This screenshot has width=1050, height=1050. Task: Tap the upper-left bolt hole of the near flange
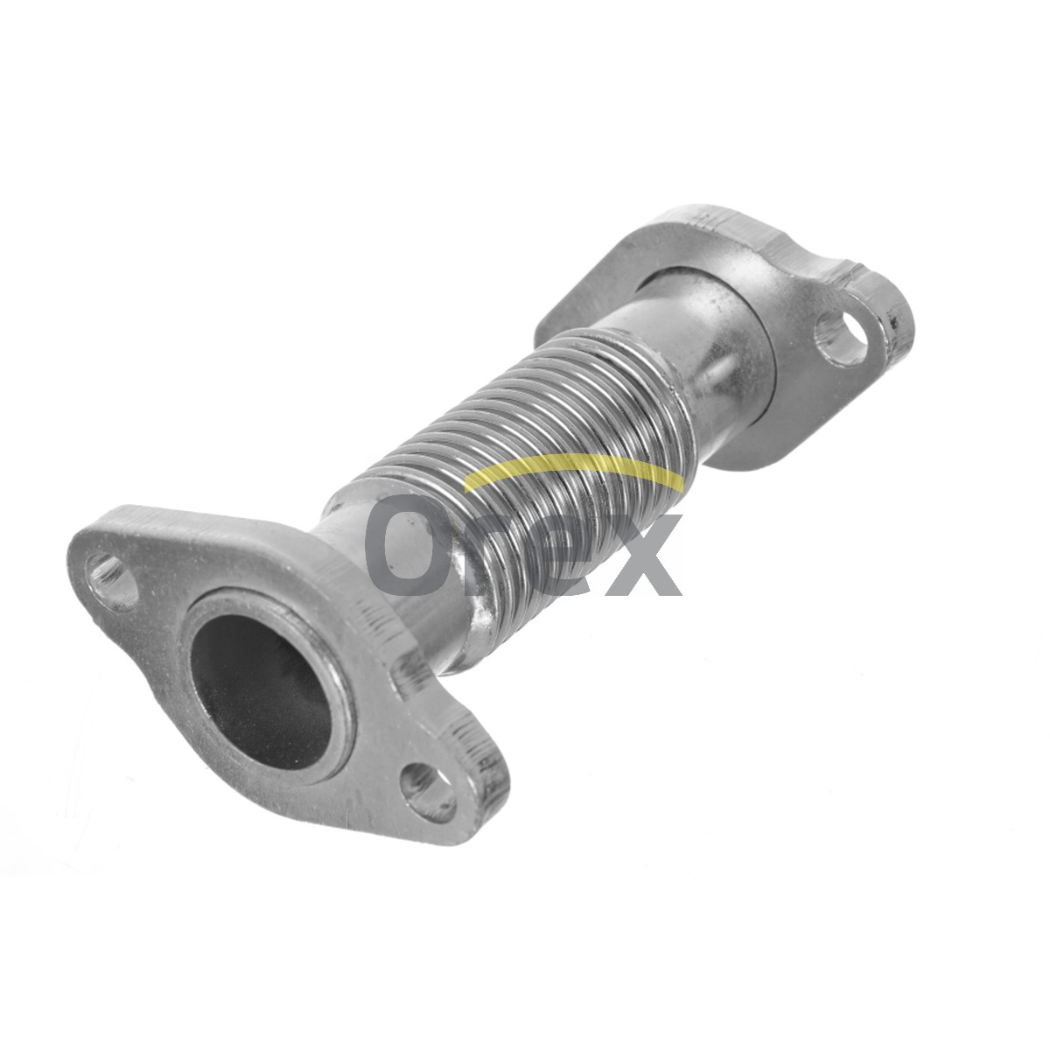pyautogui.click(x=112, y=582)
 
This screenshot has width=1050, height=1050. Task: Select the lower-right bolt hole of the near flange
pyautogui.click(x=427, y=792)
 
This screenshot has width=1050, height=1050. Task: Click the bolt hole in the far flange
pyautogui.click(x=841, y=337)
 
